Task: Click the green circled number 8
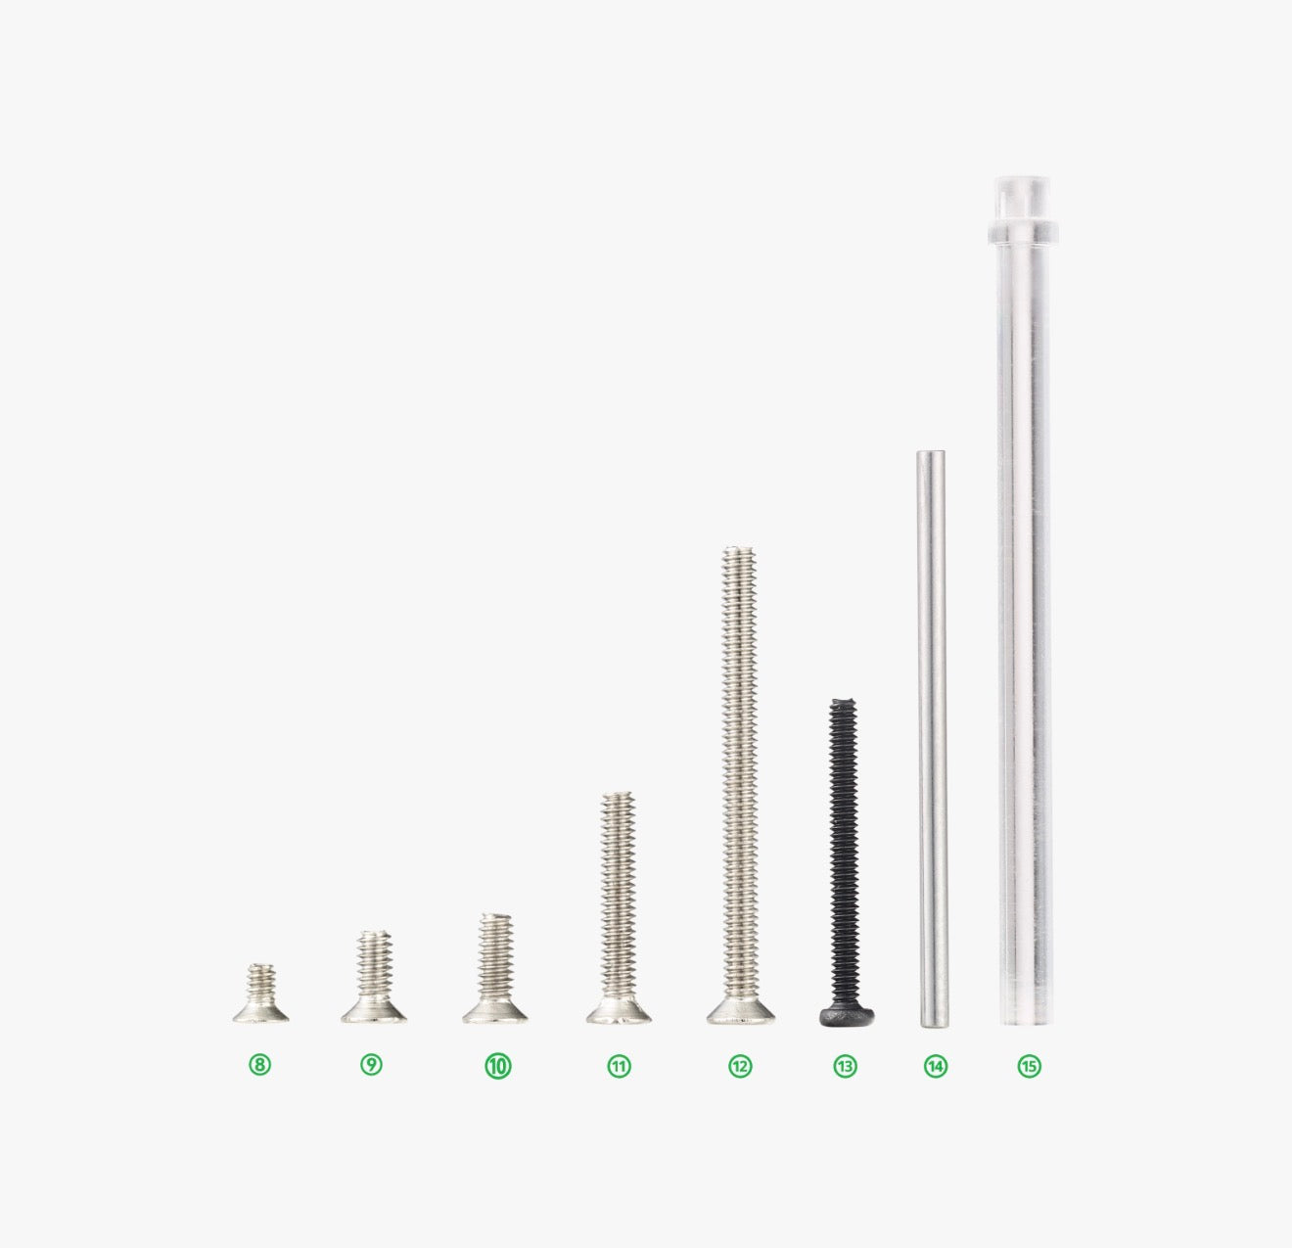pyautogui.click(x=259, y=1065)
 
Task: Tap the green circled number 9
pyautogui.click(x=371, y=1065)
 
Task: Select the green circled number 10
pyautogui.click(x=498, y=1066)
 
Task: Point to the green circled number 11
pyautogui.click(x=619, y=1066)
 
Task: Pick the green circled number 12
pyautogui.click(x=740, y=1066)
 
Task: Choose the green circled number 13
pyautogui.click(x=845, y=1066)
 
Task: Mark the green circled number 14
pyautogui.click(x=936, y=1066)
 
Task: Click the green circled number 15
pyautogui.click(x=1029, y=1066)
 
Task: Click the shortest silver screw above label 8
pyautogui.click(x=261, y=994)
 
